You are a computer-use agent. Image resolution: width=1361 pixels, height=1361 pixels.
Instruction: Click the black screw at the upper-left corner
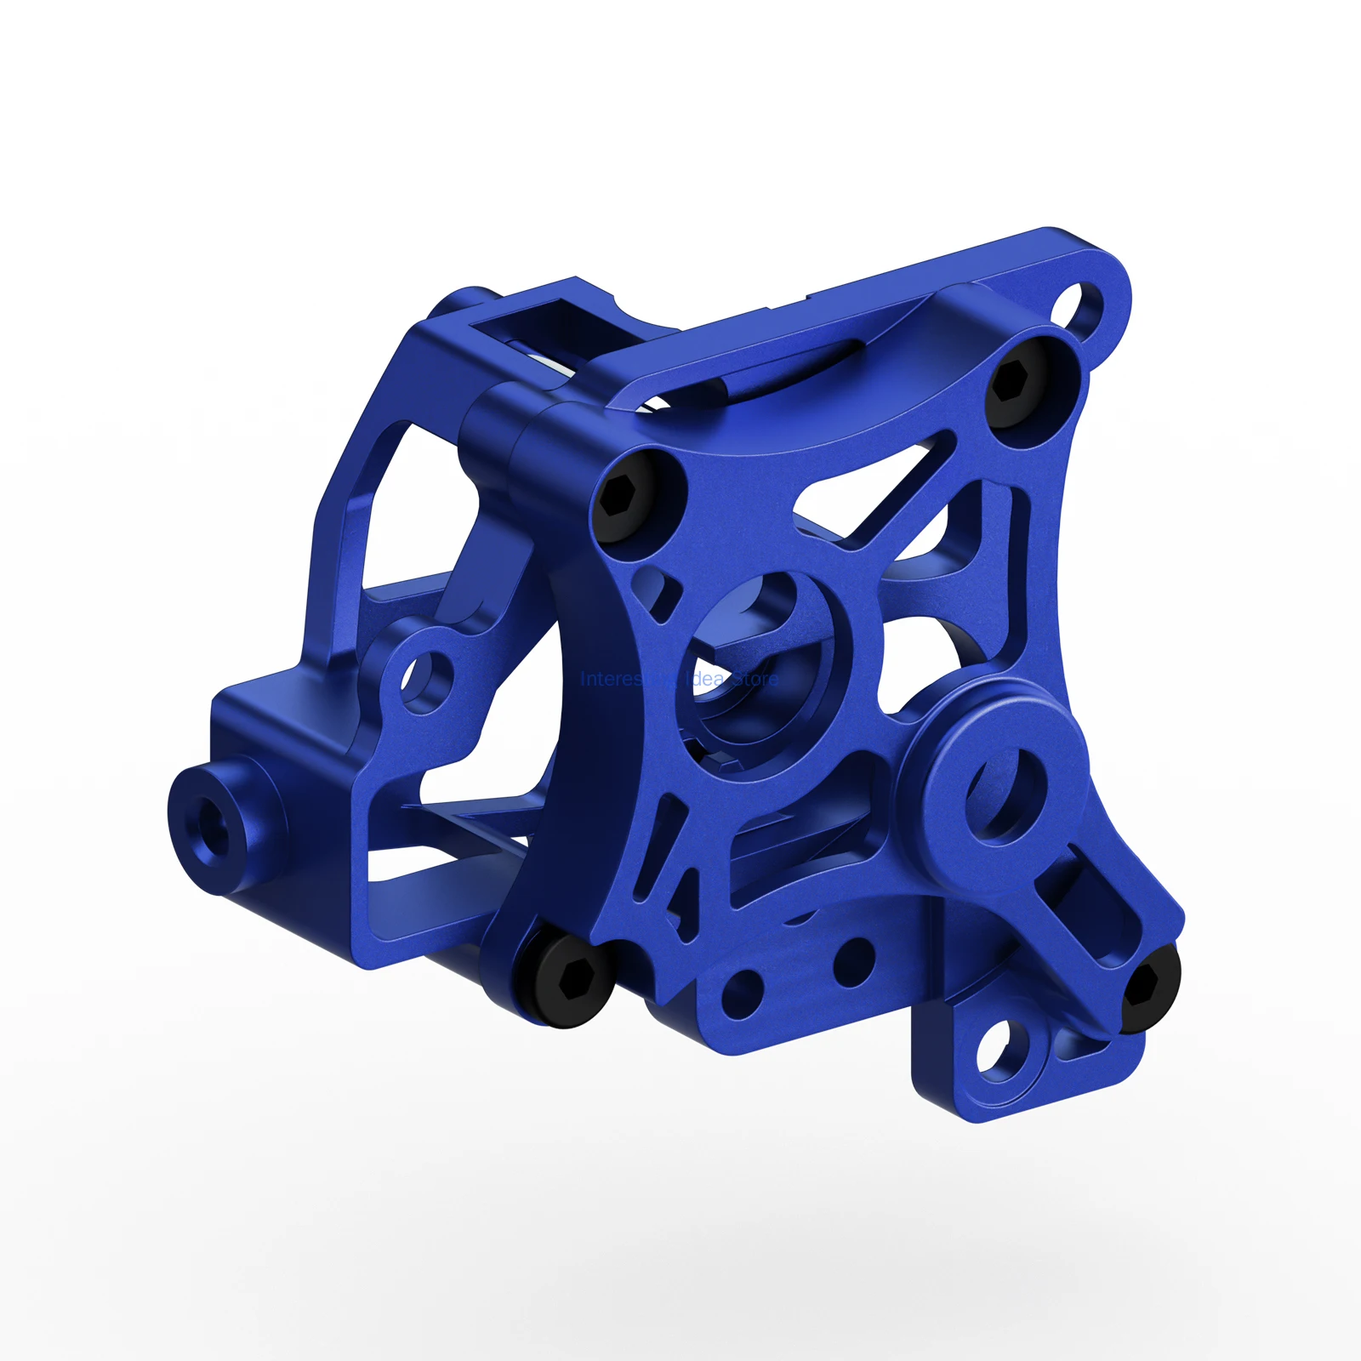tap(627, 497)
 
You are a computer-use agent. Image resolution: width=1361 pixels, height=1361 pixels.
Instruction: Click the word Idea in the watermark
tap(705, 680)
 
